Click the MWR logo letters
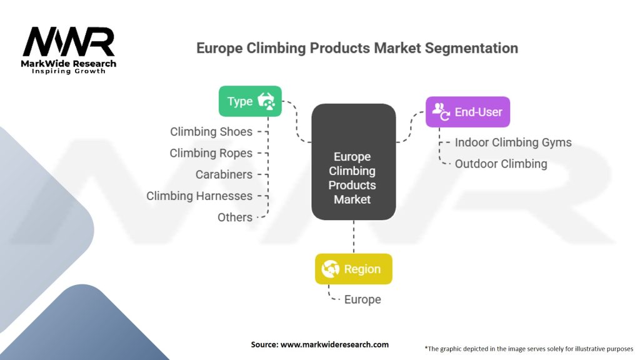click(69, 42)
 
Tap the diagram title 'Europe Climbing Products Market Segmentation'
click(357, 48)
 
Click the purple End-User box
click(467, 112)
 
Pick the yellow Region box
click(354, 269)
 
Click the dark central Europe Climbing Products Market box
click(353, 162)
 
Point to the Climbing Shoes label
click(211, 132)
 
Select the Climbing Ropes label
click(211, 153)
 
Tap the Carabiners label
click(224, 174)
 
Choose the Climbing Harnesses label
click(199, 196)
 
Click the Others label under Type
click(235, 217)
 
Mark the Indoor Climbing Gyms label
click(513, 142)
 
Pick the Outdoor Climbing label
click(501, 164)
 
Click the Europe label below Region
click(362, 300)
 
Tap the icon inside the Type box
click(267, 101)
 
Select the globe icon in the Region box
click(330, 269)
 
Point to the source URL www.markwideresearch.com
click(319, 344)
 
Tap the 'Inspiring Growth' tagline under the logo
click(69, 71)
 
